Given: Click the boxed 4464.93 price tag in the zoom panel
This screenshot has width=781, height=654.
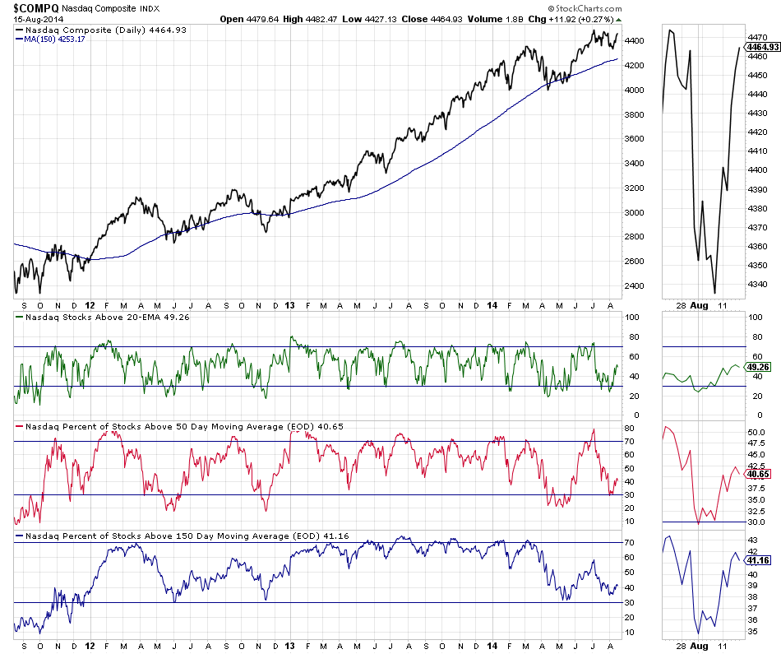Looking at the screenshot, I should pos(761,47).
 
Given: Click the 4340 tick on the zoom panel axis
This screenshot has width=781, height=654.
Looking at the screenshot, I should pos(757,285).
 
